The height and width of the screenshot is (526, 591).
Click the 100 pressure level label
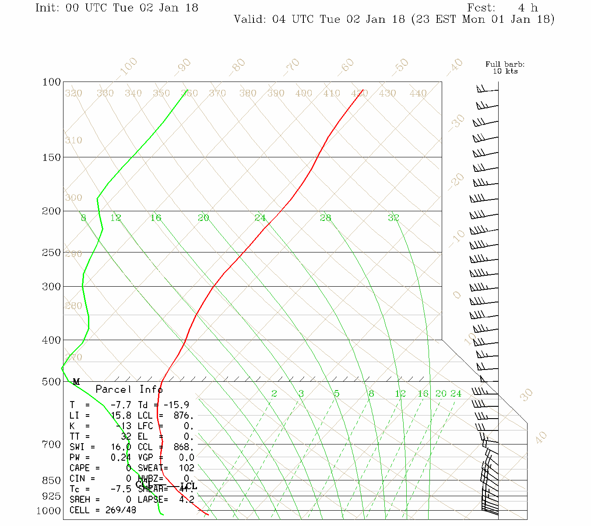51,82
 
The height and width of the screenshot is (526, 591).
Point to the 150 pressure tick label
51,157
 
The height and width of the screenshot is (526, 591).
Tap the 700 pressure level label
51,444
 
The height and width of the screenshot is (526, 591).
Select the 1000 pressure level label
48,511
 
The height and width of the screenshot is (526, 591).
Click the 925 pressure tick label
51,496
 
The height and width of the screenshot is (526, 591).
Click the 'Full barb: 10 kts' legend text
505,68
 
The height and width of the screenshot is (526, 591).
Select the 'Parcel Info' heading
129,389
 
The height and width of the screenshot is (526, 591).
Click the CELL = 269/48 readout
103,510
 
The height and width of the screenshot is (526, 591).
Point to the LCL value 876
183,416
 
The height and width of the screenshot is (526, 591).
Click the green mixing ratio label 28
325,218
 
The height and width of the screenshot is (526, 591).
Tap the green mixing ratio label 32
393,217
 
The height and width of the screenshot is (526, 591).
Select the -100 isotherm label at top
128,67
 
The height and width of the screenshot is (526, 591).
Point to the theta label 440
418,93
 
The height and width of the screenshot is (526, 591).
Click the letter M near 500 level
76,382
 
